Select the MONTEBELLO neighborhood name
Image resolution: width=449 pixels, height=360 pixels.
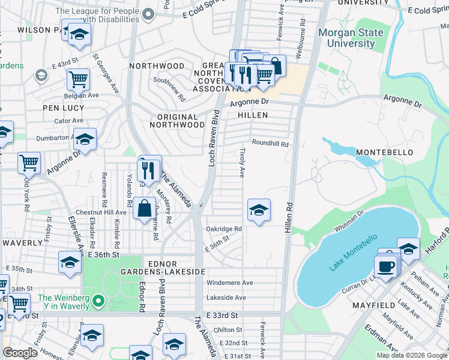pos(384,153)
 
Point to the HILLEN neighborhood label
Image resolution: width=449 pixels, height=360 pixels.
pos(252,115)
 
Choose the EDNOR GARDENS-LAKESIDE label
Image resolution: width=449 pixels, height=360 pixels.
pos(174,268)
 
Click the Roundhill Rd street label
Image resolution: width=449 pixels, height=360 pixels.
pos(270,144)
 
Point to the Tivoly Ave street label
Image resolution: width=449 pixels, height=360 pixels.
pos(243,163)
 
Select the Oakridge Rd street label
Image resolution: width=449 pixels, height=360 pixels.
pos(224,229)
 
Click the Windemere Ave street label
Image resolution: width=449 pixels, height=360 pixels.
pos(230,283)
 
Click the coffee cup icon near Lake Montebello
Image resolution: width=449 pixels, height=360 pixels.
pos(385,265)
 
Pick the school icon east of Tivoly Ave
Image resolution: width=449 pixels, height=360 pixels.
pos(259,210)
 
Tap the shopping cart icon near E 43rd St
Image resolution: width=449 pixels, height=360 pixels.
pos(78,78)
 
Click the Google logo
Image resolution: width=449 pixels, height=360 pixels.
pos(20,353)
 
